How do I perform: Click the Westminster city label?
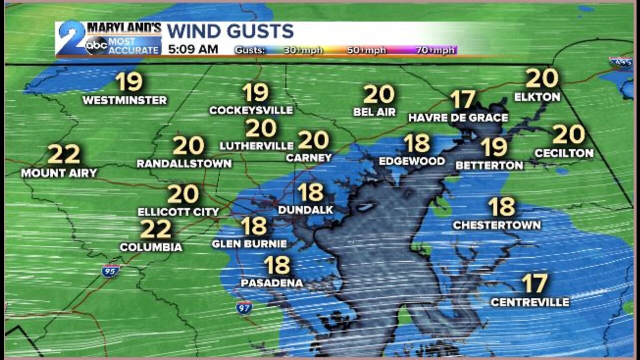(x=124, y=100)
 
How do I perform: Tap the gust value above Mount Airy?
(x=64, y=154)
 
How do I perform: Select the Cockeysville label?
(x=251, y=110)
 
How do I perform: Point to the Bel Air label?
(x=374, y=112)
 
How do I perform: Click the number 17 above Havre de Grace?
(x=462, y=99)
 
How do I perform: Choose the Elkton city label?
(x=537, y=97)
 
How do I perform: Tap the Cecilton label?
(x=564, y=153)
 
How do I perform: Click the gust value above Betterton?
(x=494, y=147)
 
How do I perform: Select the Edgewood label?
(x=412, y=161)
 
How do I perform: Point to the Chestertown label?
(x=496, y=225)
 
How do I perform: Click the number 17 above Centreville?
(x=534, y=283)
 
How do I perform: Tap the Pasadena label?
(x=271, y=283)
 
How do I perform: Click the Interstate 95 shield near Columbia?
(x=110, y=271)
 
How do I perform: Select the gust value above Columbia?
(x=155, y=229)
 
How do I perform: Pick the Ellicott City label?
(x=178, y=212)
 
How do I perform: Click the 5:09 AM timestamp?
(x=193, y=49)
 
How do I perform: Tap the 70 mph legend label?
(x=435, y=50)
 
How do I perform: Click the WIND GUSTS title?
(x=230, y=31)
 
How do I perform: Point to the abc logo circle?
(x=96, y=45)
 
